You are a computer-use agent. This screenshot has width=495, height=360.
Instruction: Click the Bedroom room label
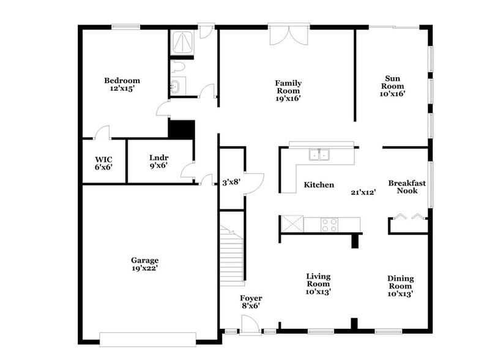click(x=122, y=81)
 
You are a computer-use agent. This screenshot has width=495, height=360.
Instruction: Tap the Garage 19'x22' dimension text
click(x=144, y=268)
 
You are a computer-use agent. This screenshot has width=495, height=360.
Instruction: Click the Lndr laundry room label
click(x=158, y=157)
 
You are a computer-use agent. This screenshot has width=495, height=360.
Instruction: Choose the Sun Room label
click(x=392, y=78)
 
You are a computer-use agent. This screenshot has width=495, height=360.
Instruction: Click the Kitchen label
click(x=319, y=185)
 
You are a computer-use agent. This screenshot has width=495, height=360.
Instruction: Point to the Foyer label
click(x=251, y=298)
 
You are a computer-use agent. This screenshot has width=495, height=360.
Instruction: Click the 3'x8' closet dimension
click(x=231, y=182)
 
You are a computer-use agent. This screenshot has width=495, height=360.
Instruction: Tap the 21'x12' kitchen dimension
click(x=363, y=192)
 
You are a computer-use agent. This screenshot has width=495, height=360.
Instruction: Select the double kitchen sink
click(x=318, y=155)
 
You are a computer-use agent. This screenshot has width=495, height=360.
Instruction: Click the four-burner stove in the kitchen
click(x=329, y=225)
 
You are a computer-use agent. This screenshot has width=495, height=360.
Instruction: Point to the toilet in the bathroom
click(x=179, y=66)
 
